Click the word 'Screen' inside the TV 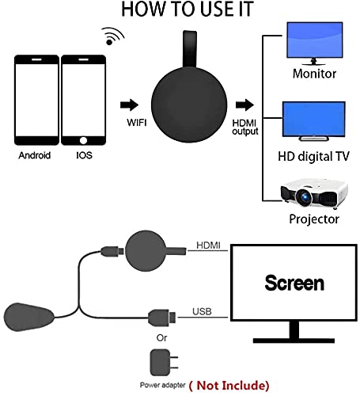[294, 283]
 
